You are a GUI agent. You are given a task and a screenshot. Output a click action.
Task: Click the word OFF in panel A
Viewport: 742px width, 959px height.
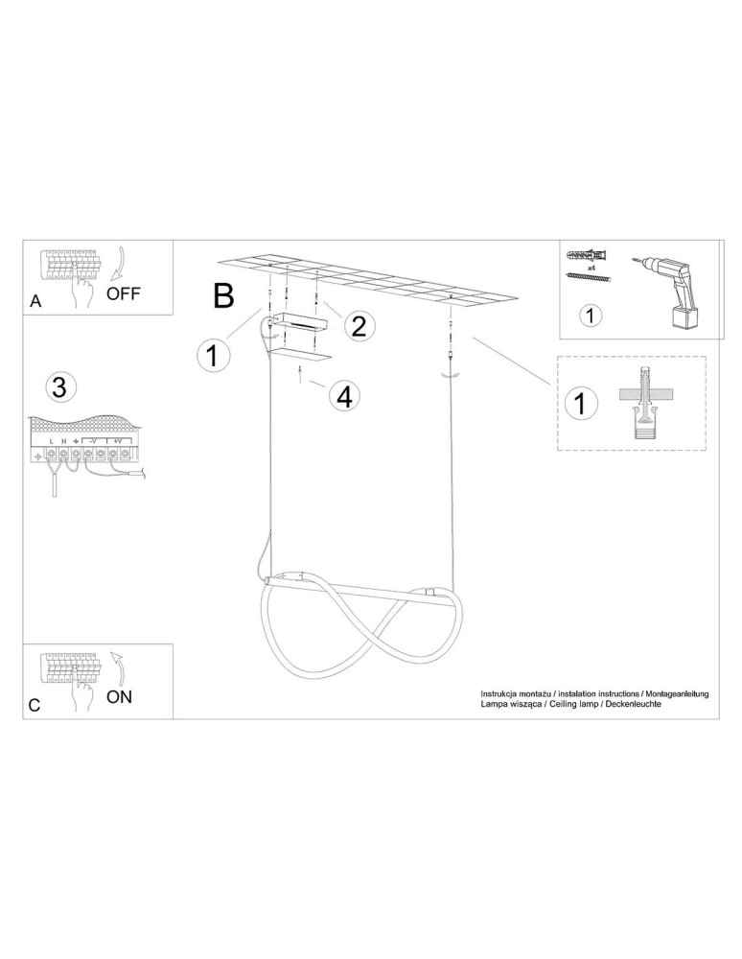(123, 293)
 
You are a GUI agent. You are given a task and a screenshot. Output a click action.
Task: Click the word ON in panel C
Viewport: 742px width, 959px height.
(119, 696)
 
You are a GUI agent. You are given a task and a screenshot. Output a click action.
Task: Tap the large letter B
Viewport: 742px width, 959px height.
(223, 295)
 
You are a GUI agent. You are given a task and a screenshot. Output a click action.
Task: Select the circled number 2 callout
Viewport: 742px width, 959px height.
(359, 326)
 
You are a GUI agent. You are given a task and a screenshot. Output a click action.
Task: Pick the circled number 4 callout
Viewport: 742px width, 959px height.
(345, 397)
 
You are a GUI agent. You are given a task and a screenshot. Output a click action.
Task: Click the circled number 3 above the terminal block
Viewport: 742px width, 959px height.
(59, 387)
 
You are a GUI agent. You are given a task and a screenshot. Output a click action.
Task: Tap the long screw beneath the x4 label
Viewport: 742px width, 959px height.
(590, 278)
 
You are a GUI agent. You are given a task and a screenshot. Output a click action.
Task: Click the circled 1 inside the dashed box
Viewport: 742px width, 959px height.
(580, 404)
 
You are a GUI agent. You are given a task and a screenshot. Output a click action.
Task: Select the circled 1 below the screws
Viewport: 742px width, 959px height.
(590, 316)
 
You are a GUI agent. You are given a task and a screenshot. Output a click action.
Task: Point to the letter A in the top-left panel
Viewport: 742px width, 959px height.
(36, 301)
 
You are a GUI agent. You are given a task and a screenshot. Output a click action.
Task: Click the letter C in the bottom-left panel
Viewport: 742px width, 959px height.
(35, 705)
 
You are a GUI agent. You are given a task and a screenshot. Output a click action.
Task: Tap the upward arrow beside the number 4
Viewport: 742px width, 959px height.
(300, 373)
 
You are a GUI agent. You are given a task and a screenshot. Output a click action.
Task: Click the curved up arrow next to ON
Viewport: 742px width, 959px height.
(119, 667)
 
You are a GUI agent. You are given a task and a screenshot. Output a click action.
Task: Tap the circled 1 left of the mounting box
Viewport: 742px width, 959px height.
(213, 355)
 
